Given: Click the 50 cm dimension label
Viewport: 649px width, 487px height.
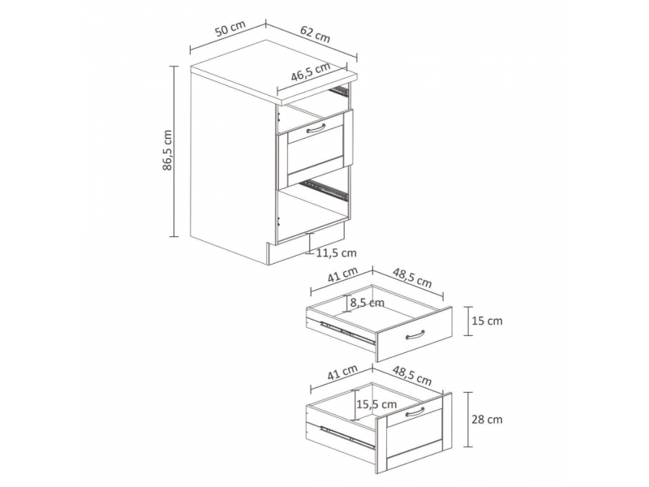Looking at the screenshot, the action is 230,28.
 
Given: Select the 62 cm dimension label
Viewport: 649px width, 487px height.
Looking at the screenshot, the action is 316,34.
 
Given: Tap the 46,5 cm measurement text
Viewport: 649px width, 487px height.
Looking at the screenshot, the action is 311,71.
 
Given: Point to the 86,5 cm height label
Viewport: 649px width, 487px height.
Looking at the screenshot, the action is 167,150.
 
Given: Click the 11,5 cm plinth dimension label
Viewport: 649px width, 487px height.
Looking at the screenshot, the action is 336,252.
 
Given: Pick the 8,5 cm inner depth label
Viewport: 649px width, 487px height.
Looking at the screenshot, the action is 367,303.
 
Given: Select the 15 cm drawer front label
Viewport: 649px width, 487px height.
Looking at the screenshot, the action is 488,321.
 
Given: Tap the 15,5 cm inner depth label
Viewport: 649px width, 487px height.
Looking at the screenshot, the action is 376,404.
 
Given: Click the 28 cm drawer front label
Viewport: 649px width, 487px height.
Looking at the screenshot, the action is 488,420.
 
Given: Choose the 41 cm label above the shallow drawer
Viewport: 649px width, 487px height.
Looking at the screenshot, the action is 342,274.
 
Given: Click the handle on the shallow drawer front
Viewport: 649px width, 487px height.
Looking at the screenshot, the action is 415,334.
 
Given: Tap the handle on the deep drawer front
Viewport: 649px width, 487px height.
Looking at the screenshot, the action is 415,412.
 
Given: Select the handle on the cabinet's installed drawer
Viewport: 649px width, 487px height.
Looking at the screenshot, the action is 316,129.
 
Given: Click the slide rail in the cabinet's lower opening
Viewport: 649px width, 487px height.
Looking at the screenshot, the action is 324,189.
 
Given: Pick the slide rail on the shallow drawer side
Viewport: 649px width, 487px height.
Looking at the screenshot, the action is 348,333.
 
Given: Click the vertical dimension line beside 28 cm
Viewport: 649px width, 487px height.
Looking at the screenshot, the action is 468,420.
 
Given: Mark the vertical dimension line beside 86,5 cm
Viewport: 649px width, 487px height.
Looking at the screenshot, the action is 174,151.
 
